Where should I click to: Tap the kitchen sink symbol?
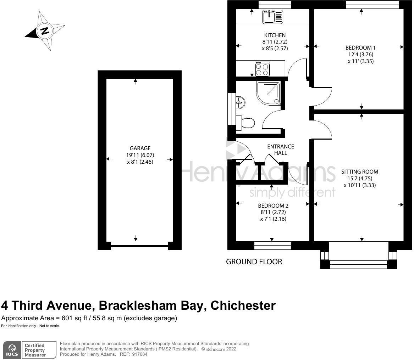272,17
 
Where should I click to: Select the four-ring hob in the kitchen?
262,69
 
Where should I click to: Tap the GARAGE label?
140,148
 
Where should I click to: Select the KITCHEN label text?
275,35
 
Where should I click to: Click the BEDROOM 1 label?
360,48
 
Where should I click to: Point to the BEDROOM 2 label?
273,206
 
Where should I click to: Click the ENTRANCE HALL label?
280,150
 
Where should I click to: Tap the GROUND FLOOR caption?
254,262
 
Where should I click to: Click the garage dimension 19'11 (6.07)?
140,155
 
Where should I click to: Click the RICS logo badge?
12,350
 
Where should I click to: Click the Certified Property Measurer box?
39,350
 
